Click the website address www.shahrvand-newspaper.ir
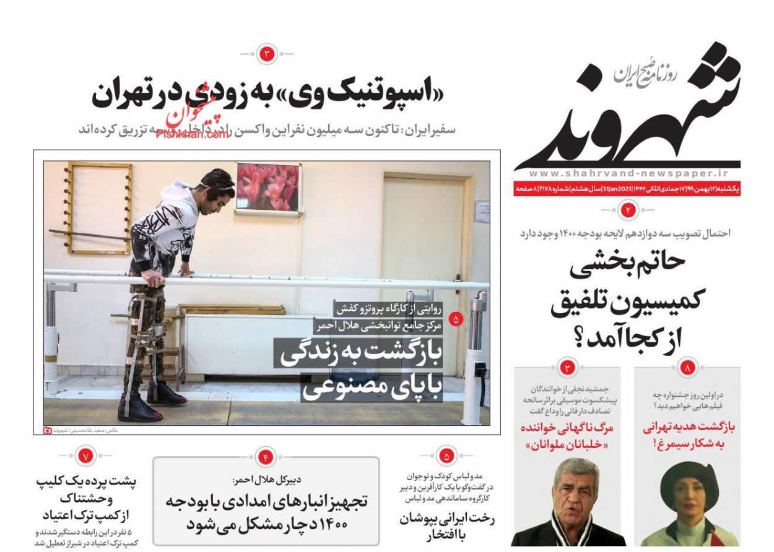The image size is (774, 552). (x=627, y=175)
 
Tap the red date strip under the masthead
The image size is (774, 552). (x=627, y=189)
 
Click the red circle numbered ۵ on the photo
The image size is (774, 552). (x=456, y=319)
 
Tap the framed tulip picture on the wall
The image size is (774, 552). (x=267, y=187)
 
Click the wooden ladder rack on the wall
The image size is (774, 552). (x=91, y=207)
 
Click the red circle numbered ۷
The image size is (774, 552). (x=85, y=457)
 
